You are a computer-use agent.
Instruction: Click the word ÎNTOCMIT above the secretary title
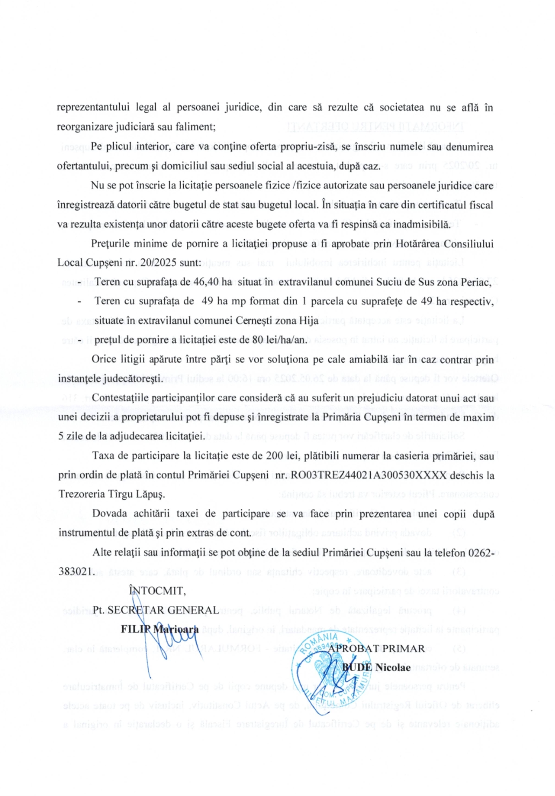pos(157,591)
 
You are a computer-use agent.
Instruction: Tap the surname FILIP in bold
pos(135,629)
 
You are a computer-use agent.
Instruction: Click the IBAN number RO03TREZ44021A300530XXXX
pos(369,475)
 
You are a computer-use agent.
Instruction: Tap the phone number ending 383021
pos(76,571)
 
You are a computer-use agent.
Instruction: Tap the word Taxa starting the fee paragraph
pos(103,456)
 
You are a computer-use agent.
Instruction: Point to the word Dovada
pos(110,514)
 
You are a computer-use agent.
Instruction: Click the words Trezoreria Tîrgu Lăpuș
pos(112,494)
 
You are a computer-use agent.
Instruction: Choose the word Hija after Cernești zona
pos(308,321)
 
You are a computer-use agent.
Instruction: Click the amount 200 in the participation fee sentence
pos(274,456)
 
